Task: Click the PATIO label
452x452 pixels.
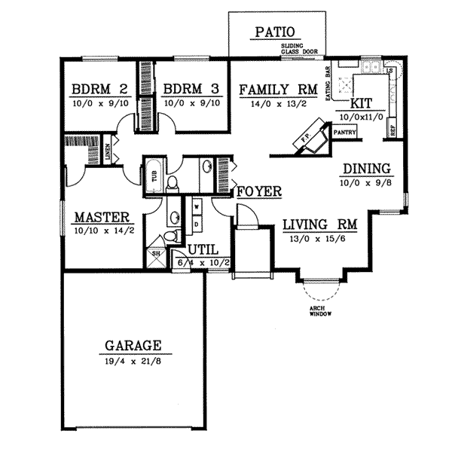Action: tap(278, 32)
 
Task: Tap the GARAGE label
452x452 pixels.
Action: tap(132, 346)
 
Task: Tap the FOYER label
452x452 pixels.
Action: tap(259, 191)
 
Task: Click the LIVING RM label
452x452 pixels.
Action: tap(319, 224)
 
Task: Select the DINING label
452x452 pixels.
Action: tap(366, 169)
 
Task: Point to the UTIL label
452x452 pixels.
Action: tap(203, 248)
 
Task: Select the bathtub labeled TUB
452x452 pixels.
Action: tap(153, 177)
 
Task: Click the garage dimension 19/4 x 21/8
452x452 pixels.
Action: tap(132, 360)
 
